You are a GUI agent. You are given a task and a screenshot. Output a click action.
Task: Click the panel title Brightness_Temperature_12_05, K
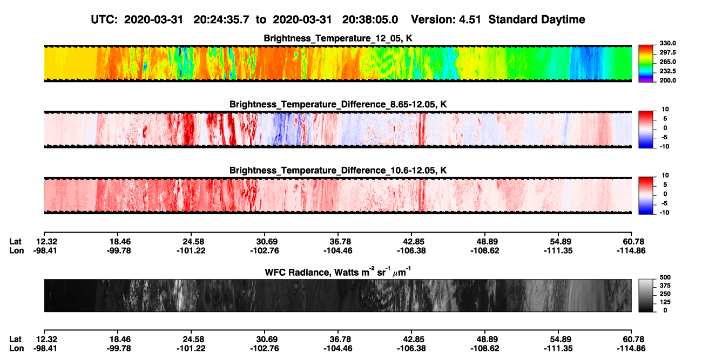tap(338, 38)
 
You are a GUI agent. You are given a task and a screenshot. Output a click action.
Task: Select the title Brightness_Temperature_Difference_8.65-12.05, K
tap(338, 104)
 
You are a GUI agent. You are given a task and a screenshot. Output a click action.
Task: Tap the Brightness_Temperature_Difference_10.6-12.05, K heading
tap(338, 171)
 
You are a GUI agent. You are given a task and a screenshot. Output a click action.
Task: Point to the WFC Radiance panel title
tap(338, 272)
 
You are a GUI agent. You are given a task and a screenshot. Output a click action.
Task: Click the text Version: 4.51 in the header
tap(446, 19)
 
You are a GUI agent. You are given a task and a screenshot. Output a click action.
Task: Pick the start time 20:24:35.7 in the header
tap(221, 19)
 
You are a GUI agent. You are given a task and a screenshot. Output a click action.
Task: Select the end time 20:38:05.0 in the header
tap(370, 19)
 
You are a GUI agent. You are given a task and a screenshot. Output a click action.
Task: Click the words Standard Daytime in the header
tap(537, 20)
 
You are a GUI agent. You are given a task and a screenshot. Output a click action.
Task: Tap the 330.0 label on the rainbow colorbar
tap(668, 43)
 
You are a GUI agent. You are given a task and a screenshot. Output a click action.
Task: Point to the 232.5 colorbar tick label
tap(668, 71)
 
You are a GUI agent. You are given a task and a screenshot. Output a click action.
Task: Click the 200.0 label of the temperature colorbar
tap(668, 80)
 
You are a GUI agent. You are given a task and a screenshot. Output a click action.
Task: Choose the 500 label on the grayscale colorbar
tap(665, 277)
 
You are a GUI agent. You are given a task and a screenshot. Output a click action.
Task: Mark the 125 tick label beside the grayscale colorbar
tap(665, 302)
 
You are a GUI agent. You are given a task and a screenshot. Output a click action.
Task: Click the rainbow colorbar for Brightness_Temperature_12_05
tap(646, 64)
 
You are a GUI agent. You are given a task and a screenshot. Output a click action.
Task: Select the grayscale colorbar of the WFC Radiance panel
tap(646, 295)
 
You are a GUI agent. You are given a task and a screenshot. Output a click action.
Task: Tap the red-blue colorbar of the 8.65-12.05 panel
tap(646, 130)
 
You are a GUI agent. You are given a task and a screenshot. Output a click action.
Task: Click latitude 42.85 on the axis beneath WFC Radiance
tap(413, 339)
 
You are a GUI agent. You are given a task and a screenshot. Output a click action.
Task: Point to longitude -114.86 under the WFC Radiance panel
tap(631, 349)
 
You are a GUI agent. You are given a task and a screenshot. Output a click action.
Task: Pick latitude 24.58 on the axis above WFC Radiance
tap(193, 242)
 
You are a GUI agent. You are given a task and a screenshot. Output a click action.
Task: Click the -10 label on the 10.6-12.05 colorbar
tap(664, 213)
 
